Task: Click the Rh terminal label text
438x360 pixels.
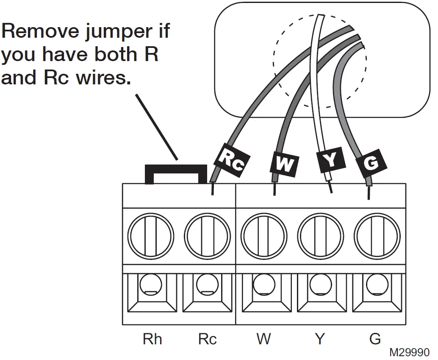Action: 152,339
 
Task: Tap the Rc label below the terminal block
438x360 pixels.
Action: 207,339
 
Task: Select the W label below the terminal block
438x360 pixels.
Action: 263,339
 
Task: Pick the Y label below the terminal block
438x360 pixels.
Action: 320,339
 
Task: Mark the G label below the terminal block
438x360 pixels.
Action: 375,339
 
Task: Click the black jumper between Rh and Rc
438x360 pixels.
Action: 175,170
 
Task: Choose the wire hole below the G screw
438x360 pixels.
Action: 377,285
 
